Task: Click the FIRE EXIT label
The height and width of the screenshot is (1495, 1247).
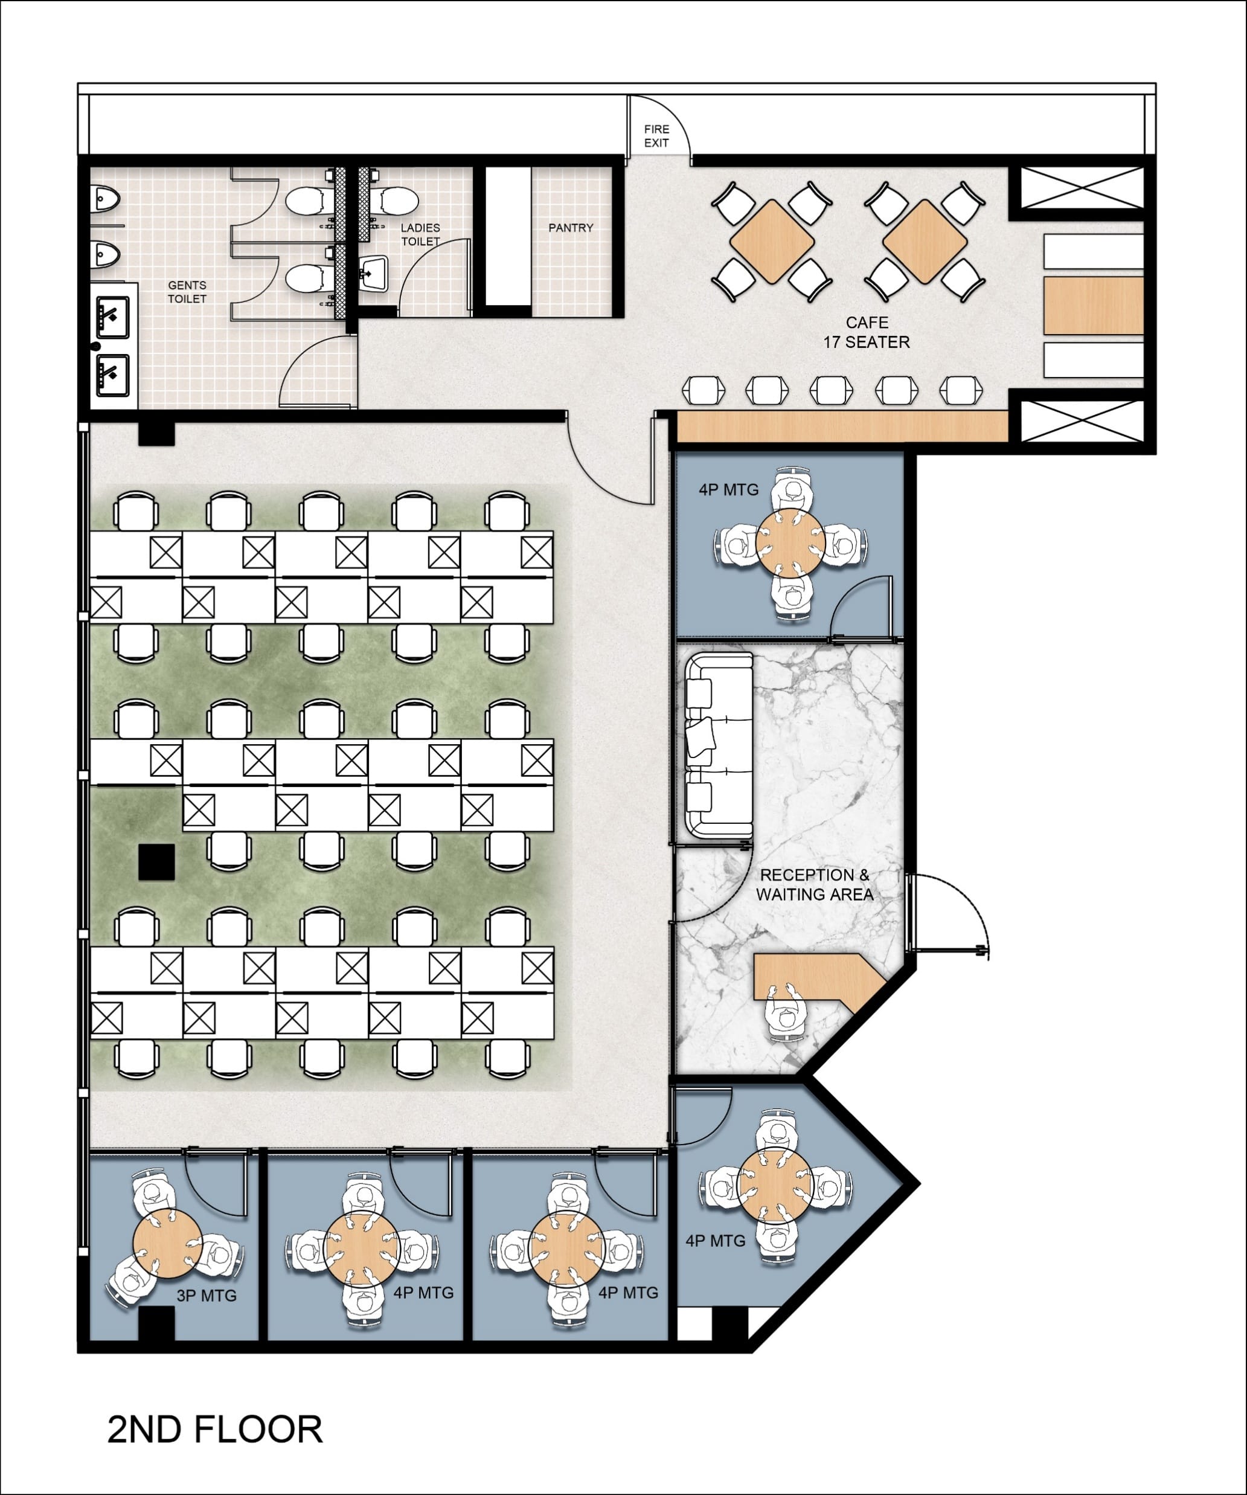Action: [x=656, y=136]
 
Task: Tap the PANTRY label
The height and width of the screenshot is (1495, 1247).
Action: [x=570, y=228]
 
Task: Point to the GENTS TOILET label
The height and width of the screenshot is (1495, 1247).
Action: [x=187, y=292]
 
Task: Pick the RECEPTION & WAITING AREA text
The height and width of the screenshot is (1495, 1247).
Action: [x=814, y=885]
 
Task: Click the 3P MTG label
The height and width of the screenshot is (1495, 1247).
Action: [x=207, y=1296]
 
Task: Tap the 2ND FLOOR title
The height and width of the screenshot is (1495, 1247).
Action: [x=215, y=1430]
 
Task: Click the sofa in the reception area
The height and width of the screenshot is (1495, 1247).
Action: [x=719, y=745]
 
